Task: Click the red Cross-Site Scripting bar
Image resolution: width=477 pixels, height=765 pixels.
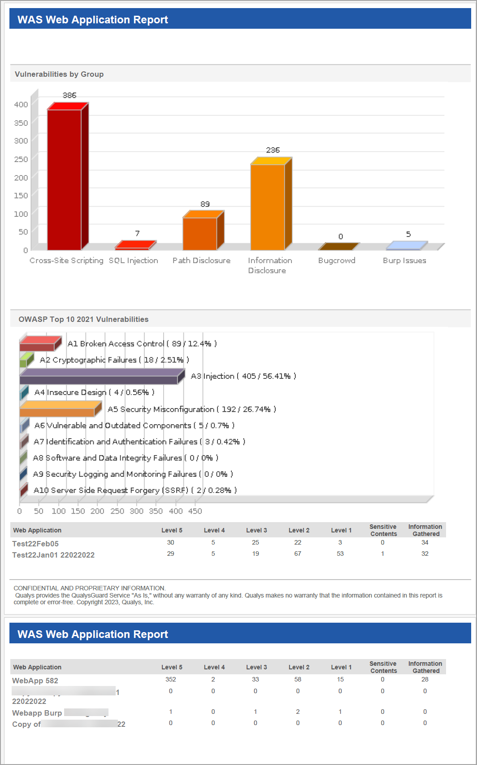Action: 64,180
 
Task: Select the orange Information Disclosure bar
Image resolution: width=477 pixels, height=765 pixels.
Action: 268,207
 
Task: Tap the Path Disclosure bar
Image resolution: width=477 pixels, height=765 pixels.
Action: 199,233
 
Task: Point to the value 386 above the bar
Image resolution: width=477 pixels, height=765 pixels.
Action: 69,95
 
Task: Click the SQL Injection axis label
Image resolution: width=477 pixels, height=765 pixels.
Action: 134,260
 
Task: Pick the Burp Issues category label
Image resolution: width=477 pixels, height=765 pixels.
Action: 404,260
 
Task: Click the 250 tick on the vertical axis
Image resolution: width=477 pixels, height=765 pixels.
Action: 21,159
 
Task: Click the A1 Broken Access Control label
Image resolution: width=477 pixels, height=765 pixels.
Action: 142,343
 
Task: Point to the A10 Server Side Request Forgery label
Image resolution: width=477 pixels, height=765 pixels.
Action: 135,490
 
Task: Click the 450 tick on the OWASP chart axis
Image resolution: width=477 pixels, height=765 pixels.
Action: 195,511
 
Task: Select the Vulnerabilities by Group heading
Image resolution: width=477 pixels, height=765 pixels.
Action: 59,74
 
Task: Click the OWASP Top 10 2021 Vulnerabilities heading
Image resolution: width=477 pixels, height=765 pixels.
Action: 83,319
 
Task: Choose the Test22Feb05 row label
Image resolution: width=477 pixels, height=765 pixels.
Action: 35,544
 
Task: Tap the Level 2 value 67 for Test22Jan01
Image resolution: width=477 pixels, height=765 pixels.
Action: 298,554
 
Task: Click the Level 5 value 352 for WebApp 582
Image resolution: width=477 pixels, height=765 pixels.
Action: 171,679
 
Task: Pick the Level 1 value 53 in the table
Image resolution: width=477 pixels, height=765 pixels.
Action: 340,554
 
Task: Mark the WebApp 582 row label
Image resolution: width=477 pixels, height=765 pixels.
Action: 35,681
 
